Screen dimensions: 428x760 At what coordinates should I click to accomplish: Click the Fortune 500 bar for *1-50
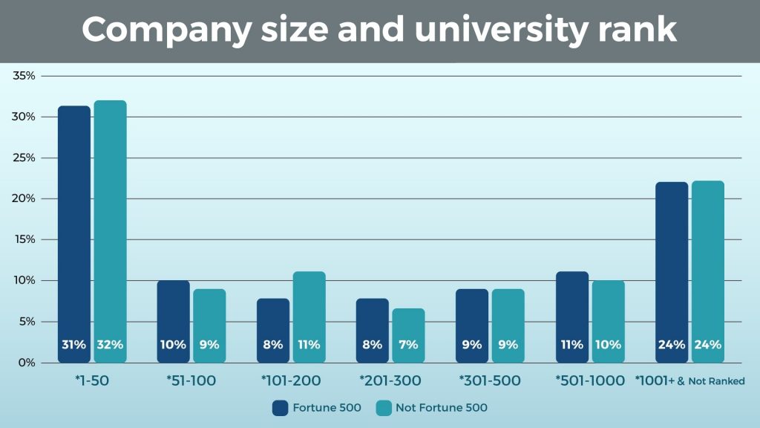point(74,230)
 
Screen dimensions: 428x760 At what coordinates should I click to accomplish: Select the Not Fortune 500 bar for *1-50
point(110,230)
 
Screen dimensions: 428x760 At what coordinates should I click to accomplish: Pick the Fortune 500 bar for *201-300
point(373,327)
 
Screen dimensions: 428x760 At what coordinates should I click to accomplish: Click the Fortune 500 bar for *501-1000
point(571,316)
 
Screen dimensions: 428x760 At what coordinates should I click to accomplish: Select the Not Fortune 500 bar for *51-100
point(209,323)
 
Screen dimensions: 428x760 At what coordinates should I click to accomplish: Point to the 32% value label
point(110,345)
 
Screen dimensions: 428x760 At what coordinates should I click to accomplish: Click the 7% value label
point(408,345)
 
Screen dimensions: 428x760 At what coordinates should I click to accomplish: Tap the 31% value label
point(74,345)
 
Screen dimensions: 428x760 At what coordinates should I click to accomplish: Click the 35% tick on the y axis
point(24,76)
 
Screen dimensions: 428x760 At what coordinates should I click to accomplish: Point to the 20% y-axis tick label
point(24,198)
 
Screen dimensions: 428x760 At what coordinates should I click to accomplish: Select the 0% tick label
point(27,363)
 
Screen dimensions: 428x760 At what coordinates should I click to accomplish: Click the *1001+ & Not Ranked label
point(689,381)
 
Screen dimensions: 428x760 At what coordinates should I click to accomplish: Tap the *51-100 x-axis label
point(191,381)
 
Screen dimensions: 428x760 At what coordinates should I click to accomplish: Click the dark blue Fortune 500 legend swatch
point(280,407)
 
